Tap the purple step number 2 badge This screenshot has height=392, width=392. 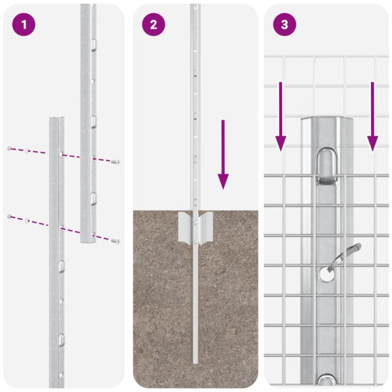154,25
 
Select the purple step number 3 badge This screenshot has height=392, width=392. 285,25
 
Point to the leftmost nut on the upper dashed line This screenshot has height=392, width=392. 9,148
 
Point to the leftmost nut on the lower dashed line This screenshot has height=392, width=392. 9,216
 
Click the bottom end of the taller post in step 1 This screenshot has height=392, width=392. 88,242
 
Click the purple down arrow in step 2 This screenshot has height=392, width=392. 223,155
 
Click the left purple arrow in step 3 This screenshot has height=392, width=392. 281,116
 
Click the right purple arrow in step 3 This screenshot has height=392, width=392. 372,116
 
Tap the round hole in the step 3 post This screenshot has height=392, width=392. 324,275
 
